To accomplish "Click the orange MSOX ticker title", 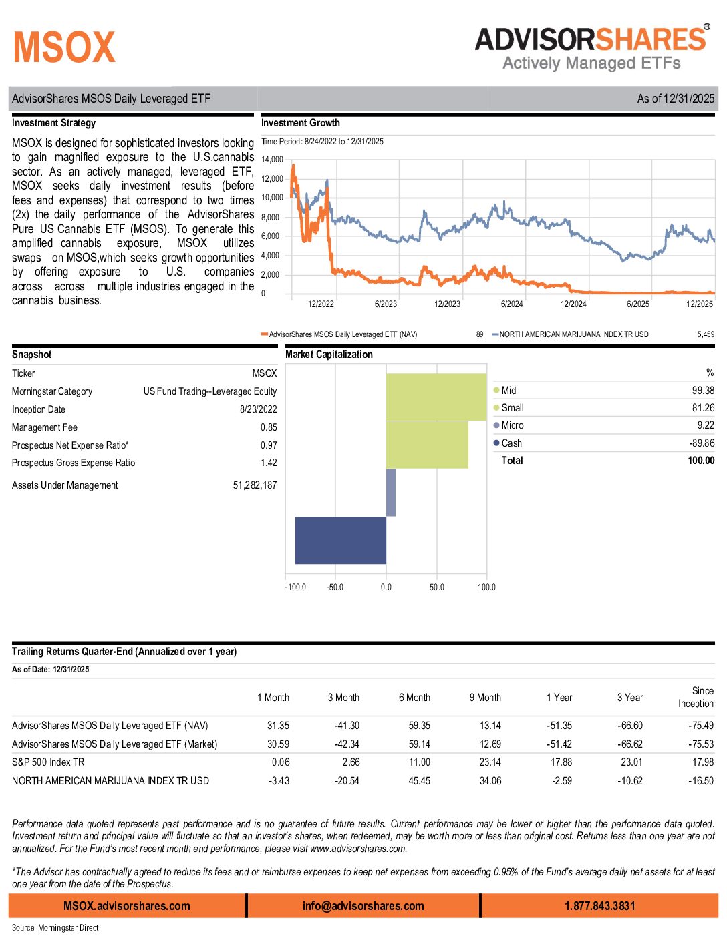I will coord(64,47).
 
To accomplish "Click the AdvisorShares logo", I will coord(592,48).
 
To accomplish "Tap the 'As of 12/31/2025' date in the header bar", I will coord(676,99).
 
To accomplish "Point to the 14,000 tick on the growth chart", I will coord(272,160).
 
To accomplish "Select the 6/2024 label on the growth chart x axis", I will coord(512,304).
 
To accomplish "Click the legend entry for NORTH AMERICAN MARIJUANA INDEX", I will coord(573,334).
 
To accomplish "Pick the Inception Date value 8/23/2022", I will coord(258,409).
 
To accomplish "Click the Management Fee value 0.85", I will coord(269,427).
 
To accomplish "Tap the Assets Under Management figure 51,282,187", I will coord(255,485).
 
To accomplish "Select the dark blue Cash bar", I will coord(341,540).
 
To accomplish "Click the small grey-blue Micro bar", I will coord(391,493).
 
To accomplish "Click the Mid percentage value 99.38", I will coord(703,391).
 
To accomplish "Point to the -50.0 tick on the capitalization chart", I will coord(335,587).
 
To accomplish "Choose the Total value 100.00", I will coord(701,461).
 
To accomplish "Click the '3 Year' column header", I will coord(630,698).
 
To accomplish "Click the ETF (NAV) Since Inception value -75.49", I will coord(701,726).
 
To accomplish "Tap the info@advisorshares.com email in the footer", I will coord(363,906).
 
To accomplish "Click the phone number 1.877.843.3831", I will coord(599,906).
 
